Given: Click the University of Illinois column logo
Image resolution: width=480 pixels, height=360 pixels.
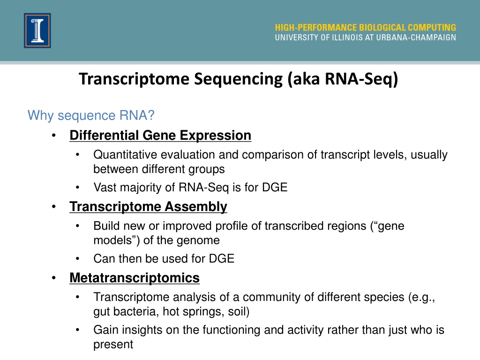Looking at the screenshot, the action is tap(37, 30).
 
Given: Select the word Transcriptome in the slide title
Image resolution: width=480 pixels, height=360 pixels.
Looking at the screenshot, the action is tap(135, 79).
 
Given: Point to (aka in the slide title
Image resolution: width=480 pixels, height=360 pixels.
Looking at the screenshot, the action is tap(304, 79).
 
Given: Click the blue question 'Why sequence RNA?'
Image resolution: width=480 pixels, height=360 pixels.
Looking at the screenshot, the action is tap(91, 115).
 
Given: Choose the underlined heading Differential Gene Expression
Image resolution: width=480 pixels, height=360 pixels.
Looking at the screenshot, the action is tap(160, 135).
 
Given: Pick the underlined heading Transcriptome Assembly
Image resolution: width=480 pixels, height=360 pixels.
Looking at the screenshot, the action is tap(148, 207).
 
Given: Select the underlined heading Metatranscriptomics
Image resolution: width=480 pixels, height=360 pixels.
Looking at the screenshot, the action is tap(135, 278).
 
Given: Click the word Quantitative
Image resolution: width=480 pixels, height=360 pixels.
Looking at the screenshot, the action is tap(125, 155).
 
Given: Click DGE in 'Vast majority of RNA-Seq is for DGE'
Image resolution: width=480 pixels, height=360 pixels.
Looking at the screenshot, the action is tap(275, 187).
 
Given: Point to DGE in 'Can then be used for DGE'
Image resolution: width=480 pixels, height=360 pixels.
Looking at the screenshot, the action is tap(222, 259).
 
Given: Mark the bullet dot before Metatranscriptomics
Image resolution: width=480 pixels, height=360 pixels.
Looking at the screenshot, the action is tap(54, 278).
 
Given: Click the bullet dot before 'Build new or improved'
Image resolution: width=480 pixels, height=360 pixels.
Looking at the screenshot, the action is tap(78, 226).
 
